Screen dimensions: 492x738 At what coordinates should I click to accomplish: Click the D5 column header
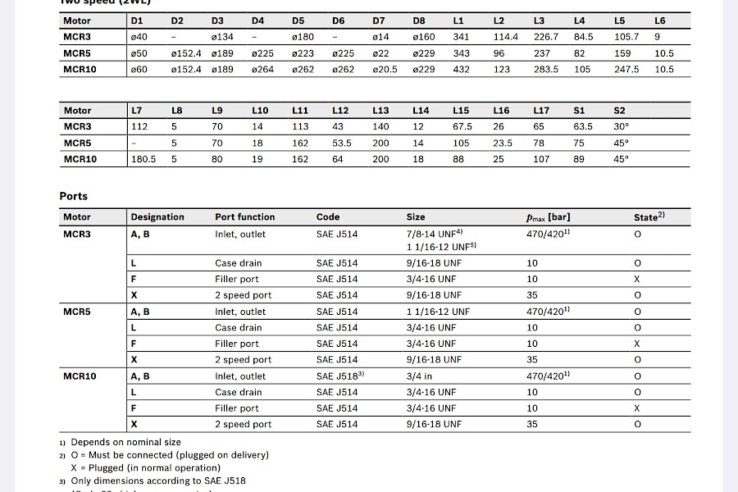click(x=298, y=20)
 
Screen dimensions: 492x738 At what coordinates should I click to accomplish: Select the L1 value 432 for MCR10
click(x=461, y=70)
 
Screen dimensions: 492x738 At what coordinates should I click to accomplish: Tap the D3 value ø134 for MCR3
click(x=222, y=37)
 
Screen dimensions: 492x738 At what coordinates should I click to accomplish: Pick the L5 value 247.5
click(x=626, y=70)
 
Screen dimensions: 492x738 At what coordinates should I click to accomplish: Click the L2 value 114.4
click(x=506, y=37)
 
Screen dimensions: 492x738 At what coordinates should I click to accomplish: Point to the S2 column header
click(x=619, y=110)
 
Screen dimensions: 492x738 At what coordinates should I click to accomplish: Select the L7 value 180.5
click(x=143, y=159)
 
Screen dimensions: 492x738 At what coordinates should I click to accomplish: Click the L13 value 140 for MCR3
click(x=380, y=126)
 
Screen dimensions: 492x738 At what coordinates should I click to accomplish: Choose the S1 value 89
click(x=579, y=159)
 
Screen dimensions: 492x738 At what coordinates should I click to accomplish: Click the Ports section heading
click(x=73, y=196)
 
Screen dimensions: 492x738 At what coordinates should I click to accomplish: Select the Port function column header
click(x=245, y=217)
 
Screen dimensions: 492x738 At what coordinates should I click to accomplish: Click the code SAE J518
click(x=339, y=376)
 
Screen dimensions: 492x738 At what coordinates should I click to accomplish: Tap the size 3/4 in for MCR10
click(x=419, y=376)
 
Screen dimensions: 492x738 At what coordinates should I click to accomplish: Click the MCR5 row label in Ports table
click(x=77, y=312)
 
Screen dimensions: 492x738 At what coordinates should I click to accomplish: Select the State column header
click(x=649, y=217)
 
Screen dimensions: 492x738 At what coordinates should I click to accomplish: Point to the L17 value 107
click(x=541, y=159)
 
